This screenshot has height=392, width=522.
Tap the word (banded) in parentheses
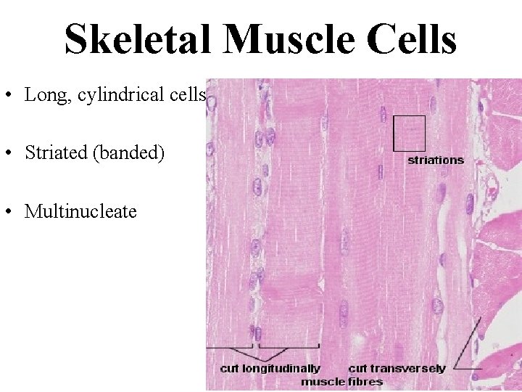pyautogui.click(x=128, y=153)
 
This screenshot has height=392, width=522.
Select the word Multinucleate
pyautogui.click(x=80, y=211)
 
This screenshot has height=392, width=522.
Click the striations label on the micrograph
pyautogui.click(x=435, y=160)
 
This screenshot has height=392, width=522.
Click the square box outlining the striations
pyautogui.click(x=409, y=132)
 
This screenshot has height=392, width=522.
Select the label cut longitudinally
pyautogui.click(x=270, y=369)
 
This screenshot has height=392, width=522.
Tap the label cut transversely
pyautogui.click(x=397, y=369)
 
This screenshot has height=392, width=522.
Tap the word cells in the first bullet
pyautogui.click(x=188, y=95)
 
